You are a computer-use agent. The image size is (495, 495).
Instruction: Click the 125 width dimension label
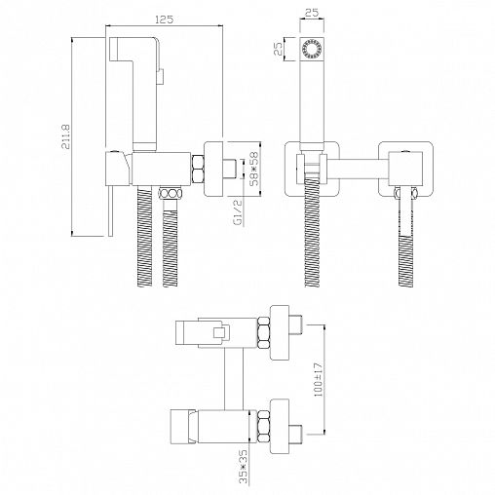pyautogui.click(x=164, y=19)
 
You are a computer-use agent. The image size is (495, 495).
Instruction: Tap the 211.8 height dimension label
pyautogui.click(x=66, y=136)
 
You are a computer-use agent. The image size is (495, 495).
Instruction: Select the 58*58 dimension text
pyautogui.click(x=255, y=169)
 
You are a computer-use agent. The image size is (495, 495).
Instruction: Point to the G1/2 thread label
pyautogui.click(x=238, y=212)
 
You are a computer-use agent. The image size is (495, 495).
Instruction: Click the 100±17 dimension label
pyautogui.click(x=319, y=379)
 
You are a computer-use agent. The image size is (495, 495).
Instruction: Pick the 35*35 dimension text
pyautogui.click(x=244, y=466)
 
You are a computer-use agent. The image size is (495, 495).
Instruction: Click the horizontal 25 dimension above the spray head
pyautogui.click(x=312, y=13)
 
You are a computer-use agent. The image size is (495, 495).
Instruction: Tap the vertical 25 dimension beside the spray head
pyautogui.click(x=278, y=49)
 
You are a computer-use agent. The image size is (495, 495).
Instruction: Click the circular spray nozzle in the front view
pyautogui.click(x=312, y=49)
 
